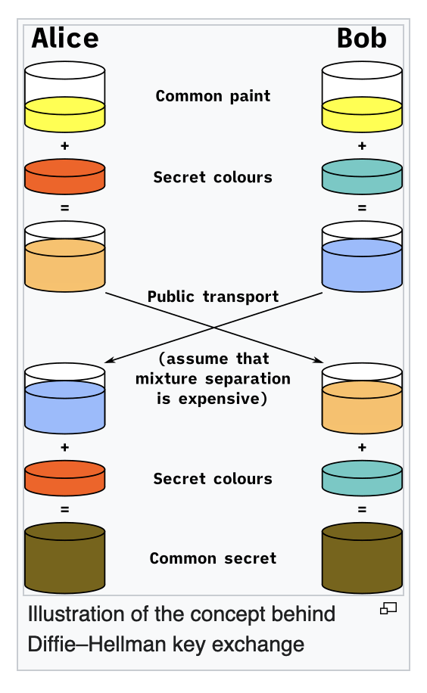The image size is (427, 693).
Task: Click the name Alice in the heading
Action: click(65, 38)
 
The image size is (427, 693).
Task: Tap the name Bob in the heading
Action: click(362, 38)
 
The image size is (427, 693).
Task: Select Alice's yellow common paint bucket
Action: click(64, 97)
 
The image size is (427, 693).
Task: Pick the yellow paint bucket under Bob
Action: click(362, 97)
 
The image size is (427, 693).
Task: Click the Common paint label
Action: click(213, 96)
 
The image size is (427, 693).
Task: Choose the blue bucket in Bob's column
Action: click(362, 256)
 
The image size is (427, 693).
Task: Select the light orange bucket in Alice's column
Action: click(64, 256)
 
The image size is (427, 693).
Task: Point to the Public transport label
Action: click(213, 297)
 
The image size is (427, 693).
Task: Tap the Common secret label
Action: click(213, 558)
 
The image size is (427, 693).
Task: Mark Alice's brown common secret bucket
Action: click(64, 558)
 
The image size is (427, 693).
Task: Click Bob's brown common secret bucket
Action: click(362, 558)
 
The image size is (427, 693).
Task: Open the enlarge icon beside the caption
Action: click(388, 608)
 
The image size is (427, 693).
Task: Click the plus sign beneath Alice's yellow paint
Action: click(64, 146)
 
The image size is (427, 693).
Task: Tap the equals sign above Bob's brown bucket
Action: click(362, 510)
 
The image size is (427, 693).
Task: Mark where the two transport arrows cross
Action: click(213, 328)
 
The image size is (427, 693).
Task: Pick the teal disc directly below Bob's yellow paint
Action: click(362, 176)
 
